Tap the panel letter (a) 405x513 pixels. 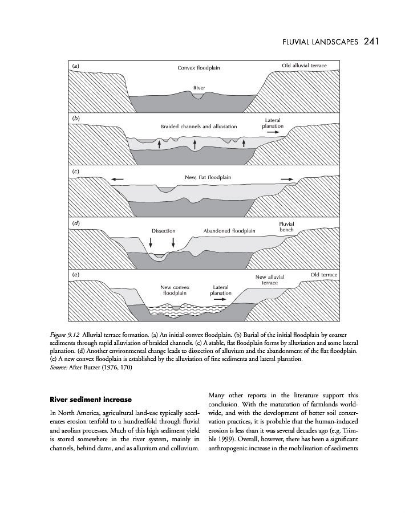(75, 66)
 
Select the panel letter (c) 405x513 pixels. (75, 171)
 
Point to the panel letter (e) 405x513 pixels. (75, 275)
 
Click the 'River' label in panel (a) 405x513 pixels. (199, 87)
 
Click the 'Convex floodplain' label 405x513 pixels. (199, 68)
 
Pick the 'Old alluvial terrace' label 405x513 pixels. (305, 66)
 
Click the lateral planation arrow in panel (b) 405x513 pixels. (272, 132)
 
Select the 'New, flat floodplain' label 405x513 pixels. (208, 177)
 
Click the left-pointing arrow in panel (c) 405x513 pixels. (118, 180)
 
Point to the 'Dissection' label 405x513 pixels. (163, 231)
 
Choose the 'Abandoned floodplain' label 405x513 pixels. (229, 231)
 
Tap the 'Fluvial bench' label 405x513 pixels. (286, 227)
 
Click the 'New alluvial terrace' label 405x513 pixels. (270, 280)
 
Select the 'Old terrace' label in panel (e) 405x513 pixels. (324, 275)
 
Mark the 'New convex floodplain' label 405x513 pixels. (175, 290)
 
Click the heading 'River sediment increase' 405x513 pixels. (91, 399)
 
